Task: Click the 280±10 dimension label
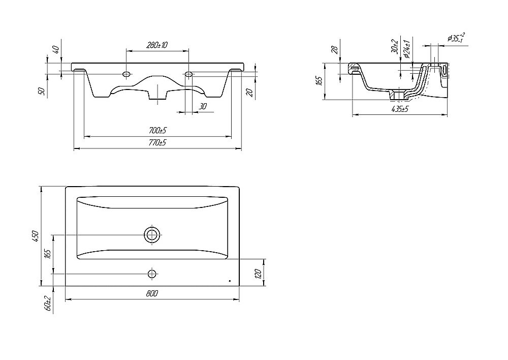pos(157,45)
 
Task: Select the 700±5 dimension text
pos(157,131)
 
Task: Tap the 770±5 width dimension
pos(157,142)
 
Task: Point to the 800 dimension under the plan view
pos(152,293)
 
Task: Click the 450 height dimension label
pos(36,236)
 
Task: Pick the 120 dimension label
pos(258,274)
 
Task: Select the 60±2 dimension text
pos(49,304)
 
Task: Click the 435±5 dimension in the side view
pos(400,109)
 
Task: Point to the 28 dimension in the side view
pos(335,49)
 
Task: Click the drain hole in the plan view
pos(152,234)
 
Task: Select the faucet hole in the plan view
pos(151,274)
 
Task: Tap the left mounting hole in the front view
pos(126,74)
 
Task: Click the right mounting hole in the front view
pos(188,74)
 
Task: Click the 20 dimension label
pos(249,93)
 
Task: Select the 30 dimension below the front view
pos(203,106)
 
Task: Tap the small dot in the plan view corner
pos(230,281)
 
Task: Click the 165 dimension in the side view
pos(319,81)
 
